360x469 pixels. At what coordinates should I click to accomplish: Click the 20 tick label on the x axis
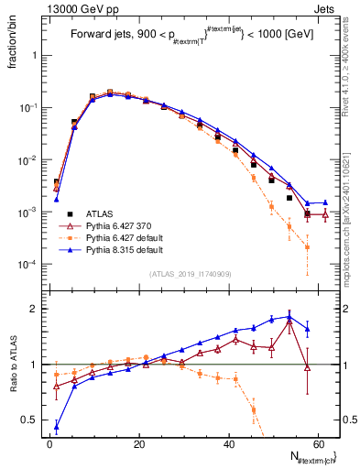pyautogui.click(x=139, y=444)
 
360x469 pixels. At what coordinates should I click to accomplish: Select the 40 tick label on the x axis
pyautogui.click(x=229, y=444)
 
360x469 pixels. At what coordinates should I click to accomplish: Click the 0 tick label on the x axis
pyautogui.click(x=50, y=444)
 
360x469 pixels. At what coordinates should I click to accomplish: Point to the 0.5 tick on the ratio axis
pyautogui.click(x=30, y=420)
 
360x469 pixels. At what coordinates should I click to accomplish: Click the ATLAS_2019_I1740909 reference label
pyautogui.click(x=191, y=274)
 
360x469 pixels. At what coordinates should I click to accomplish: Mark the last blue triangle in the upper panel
pyautogui.click(x=325, y=202)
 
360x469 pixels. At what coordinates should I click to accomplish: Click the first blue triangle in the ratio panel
pyautogui.click(x=57, y=426)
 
